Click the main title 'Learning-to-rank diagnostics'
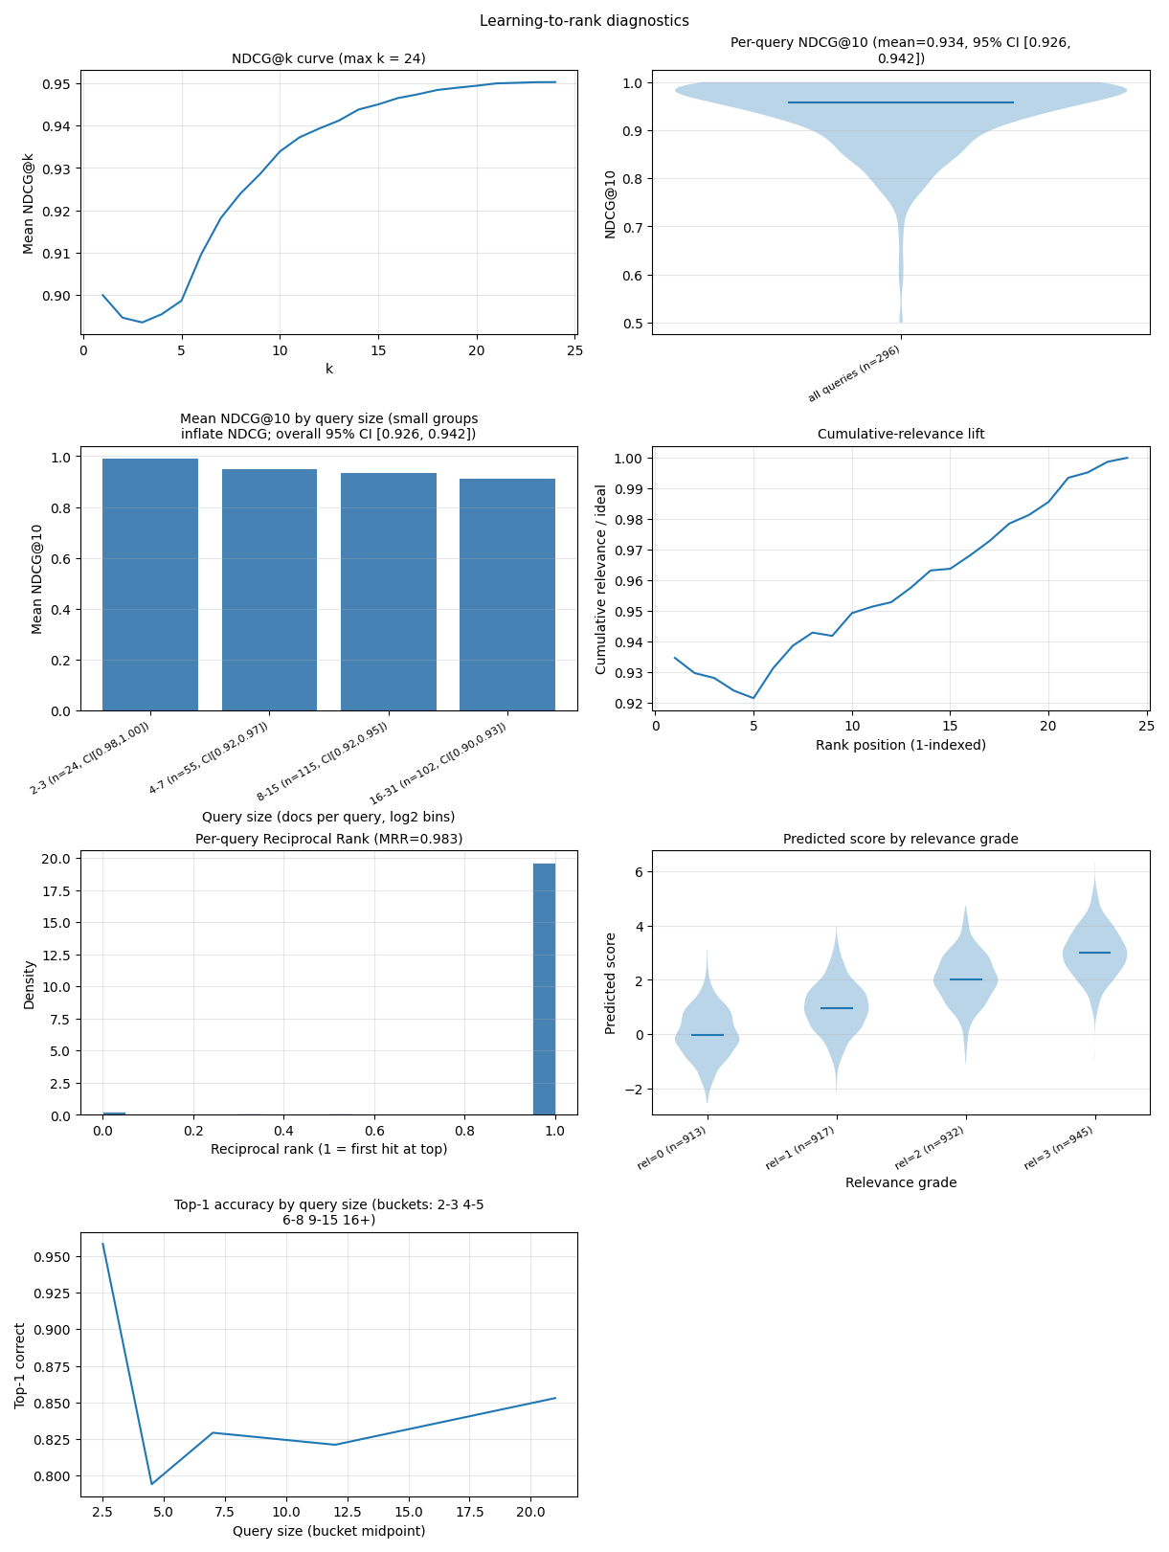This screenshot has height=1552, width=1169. (584, 20)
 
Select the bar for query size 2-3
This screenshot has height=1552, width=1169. (150, 584)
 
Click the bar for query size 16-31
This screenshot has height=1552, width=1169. (506, 594)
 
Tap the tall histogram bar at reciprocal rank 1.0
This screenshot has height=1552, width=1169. (544, 988)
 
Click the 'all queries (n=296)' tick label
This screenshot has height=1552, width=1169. (854, 374)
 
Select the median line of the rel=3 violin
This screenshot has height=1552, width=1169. (1094, 953)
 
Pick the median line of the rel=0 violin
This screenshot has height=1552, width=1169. (707, 1034)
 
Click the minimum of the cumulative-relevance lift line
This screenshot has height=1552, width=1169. (753, 698)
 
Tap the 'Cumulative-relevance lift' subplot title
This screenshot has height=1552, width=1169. (900, 434)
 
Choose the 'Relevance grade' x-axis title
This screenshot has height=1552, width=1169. (900, 1182)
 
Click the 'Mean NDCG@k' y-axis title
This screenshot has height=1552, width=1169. (29, 203)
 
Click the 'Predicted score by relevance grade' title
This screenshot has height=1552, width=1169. (900, 839)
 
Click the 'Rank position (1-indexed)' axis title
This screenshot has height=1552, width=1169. (900, 745)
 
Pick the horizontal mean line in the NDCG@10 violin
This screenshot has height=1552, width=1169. (900, 102)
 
